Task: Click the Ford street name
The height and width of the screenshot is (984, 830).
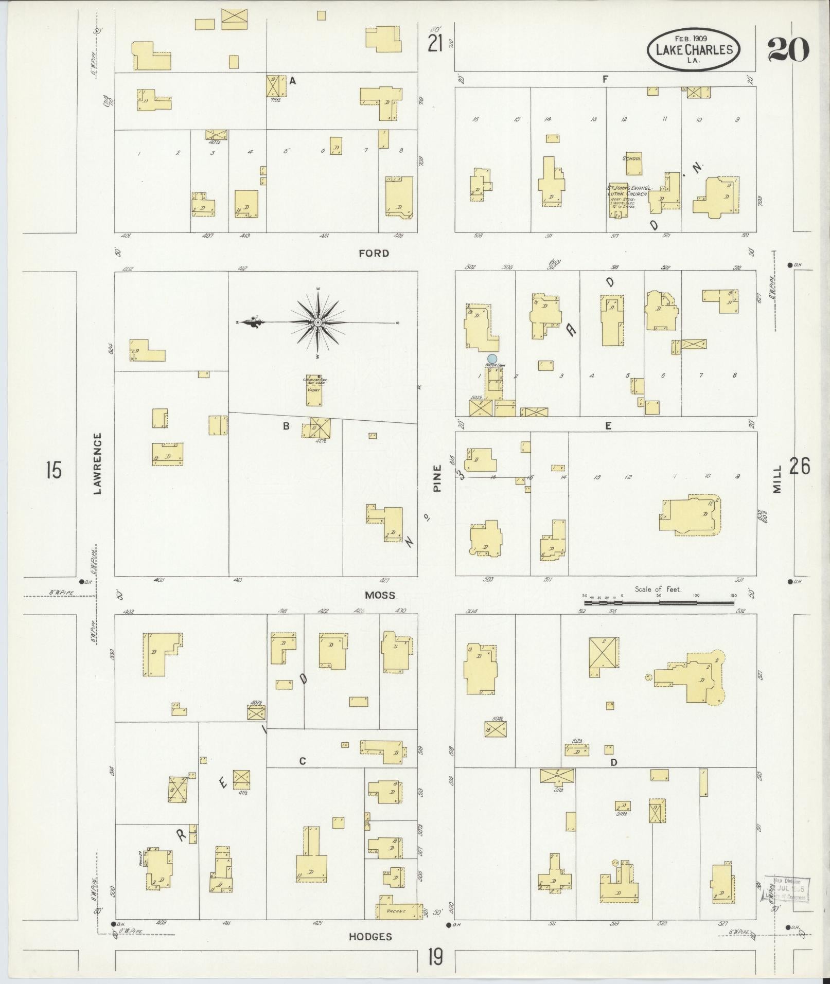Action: (x=374, y=253)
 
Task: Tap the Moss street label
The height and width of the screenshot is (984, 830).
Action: (x=380, y=595)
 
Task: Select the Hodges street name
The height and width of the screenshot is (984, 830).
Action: (x=370, y=937)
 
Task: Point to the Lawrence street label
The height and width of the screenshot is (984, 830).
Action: (x=97, y=463)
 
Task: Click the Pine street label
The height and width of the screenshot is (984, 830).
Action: (x=437, y=478)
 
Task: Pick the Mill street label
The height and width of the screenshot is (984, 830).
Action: (x=777, y=479)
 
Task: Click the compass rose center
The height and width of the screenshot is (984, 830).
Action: (x=318, y=323)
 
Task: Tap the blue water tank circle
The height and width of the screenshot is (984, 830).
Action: (x=492, y=358)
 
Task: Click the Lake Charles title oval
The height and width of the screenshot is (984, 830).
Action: (x=693, y=49)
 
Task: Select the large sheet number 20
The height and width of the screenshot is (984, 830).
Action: (x=788, y=50)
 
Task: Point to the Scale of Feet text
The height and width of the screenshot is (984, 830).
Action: (x=658, y=589)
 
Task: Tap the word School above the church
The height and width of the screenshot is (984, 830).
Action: (x=632, y=158)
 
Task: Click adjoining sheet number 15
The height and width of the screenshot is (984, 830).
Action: (x=54, y=470)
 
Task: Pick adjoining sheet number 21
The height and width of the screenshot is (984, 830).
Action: (x=435, y=45)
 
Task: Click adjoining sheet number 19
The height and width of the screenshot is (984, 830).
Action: (x=435, y=958)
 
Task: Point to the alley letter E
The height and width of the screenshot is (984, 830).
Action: (x=608, y=426)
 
